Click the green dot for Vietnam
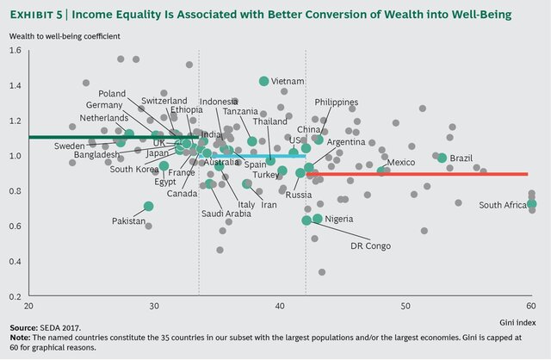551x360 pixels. click(x=264, y=81)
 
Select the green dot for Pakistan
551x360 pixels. click(x=149, y=206)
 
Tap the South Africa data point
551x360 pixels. click(x=531, y=204)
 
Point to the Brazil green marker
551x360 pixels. click(x=442, y=158)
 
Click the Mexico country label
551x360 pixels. click(x=401, y=162)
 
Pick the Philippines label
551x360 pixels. click(x=337, y=102)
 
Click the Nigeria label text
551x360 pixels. click(x=339, y=219)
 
